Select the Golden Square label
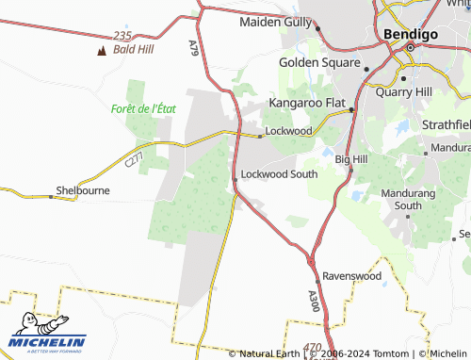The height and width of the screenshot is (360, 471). coord(319,63)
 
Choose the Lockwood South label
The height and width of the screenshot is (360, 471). coord(280,174)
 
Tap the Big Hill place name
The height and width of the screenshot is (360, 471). coord(350,160)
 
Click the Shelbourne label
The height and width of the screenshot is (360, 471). coord(83,189)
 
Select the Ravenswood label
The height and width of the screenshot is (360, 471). coord(351,276)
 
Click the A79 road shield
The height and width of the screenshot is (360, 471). coord(194,46)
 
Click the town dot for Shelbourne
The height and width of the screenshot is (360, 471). coord(51,196)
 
